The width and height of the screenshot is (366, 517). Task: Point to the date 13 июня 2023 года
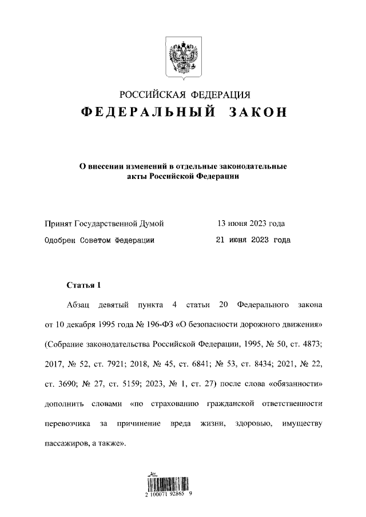[x=250, y=223]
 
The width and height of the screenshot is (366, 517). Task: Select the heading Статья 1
[x=83, y=285]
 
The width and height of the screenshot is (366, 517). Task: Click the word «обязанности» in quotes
[x=298, y=384]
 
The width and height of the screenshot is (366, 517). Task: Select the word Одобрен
[x=61, y=241]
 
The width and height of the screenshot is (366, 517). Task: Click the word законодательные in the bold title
[x=253, y=166]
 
